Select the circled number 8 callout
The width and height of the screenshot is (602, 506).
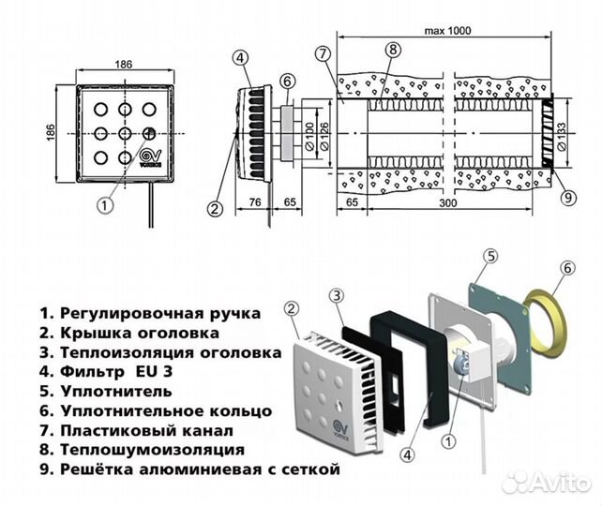(392, 53)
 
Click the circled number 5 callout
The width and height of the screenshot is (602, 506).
(489, 256)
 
